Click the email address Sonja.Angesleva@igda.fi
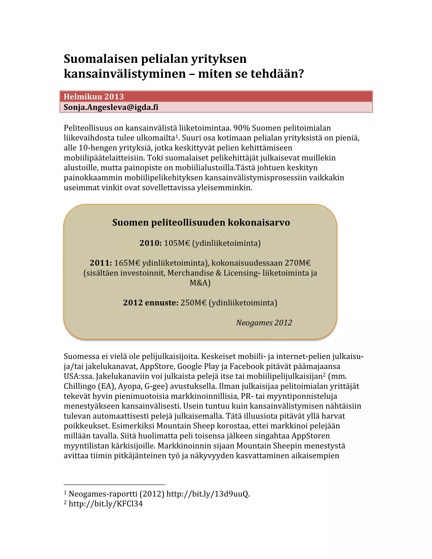point(111,107)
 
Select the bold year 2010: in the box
point(150,243)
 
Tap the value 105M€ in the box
point(177,243)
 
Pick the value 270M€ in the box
point(298,263)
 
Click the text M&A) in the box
point(200,283)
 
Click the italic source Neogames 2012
point(264,323)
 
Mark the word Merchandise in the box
point(190,273)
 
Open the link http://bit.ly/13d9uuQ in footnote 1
point(208,494)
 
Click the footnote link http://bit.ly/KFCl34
point(106,504)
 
